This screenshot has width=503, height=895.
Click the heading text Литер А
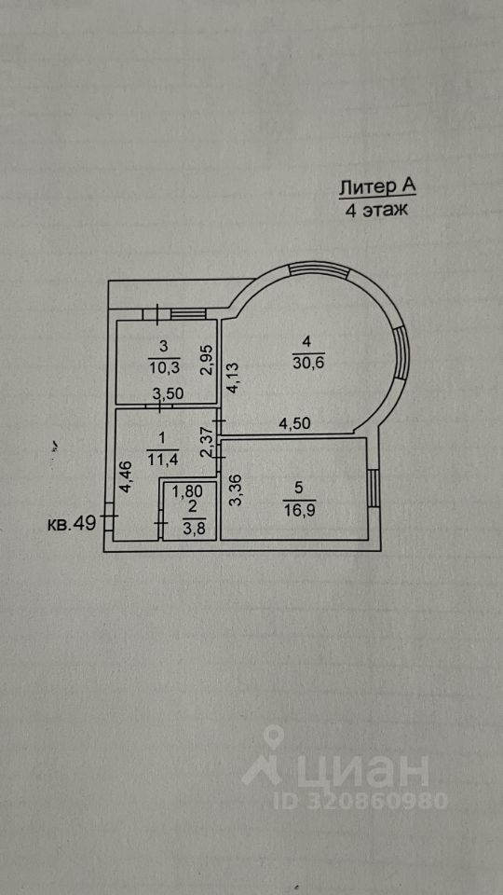pyautogui.click(x=377, y=186)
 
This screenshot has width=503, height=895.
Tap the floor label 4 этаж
pyautogui.click(x=377, y=210)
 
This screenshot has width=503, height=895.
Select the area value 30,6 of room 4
pyautogui.click(x=308, y=363)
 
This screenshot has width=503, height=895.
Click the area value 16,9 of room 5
pyautogui.click(x=300, y=508)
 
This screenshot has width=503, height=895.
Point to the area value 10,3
pyautogui.click(x=164, y=366)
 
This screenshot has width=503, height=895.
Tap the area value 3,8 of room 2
pyautogui.click(x=194, y=528)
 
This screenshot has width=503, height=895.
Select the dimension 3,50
pyautogui.click(x=167, y=393)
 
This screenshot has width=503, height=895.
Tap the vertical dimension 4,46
pyautogui.click(x=127, y=477)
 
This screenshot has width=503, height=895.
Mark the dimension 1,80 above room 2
pyautogui.click(x=186, y=490)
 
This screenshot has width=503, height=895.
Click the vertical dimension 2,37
pyautogui.click(x=207, y=443)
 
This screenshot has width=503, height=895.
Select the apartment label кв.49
pyautogui.click(x=72, y=523)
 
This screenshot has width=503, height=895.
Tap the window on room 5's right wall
pyautogui.click(x=372, y=488)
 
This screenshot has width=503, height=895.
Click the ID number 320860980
pyautogui.click(x=376, y=801)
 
